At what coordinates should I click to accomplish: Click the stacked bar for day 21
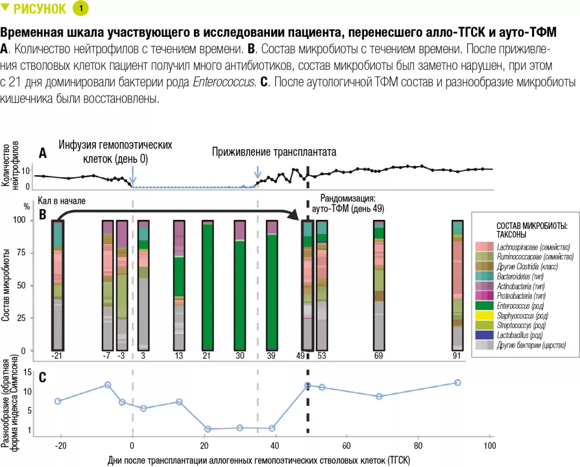pyautogui.click(x=208, y=285)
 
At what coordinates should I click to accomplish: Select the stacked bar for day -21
pyautogui.click(x=57, y=285)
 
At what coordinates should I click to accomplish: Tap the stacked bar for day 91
pyautogui.click(x=458, y=285)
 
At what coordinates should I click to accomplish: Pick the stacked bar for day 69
pyautogui.click(x=379, y=285)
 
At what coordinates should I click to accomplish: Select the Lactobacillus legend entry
pyautogui.click(x=519, y=335)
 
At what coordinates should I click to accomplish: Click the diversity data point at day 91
pyautogui.click(x=458, y=383)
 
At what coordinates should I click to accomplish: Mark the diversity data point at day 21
pyautogui.click(x=208, y=429)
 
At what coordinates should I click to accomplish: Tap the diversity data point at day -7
pyautogui.click(x=107, y=385)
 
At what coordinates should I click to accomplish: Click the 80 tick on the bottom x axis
pyautogui.click(x=418, y=446)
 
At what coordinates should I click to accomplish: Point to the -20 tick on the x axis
pyautogui.click(x=61, y=446)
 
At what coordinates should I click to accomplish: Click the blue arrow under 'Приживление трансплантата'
pyautogui.click(x=258, y=172)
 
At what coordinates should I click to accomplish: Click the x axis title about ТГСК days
pyautogui.click(x=259, y=459)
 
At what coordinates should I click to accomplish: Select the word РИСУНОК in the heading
pyautogui.click(x=40, y=9)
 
